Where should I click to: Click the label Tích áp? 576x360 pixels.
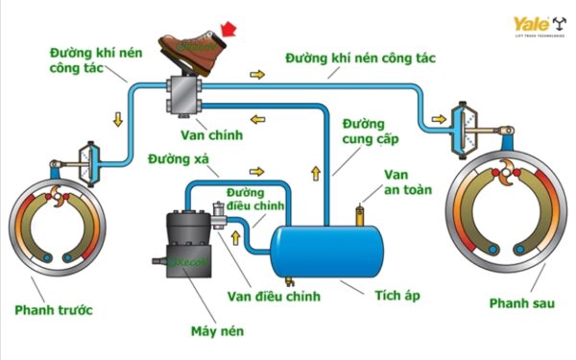(398, 294)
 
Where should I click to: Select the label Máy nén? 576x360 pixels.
(217, 332)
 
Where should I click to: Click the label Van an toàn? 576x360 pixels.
(407, 182)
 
